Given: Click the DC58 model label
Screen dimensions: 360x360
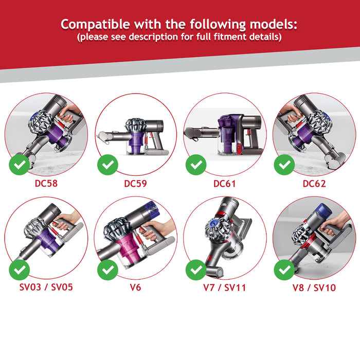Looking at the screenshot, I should point(46,183).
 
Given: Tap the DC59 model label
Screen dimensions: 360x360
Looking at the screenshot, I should point(136,183).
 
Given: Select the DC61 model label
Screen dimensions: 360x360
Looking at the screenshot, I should point(225,183).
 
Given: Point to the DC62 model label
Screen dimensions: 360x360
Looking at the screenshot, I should point(314,183).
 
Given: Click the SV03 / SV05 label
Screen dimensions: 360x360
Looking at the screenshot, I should point(46,287).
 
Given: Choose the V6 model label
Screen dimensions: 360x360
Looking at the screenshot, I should point(136,287).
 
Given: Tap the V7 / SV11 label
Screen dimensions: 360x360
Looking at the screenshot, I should point(225,287).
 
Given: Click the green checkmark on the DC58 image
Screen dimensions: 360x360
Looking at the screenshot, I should point(20,165).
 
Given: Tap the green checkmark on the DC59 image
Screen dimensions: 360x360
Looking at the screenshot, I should point(108,165).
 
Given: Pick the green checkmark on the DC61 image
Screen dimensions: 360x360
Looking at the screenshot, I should point(196,165).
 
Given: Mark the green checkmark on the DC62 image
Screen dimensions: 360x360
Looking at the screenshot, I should point(284,165).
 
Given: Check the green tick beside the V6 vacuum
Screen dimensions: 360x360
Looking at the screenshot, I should point(108,269).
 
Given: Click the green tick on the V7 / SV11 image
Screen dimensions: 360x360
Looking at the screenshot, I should point(196,269).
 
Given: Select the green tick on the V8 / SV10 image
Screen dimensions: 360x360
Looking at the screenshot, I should point(284,269).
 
